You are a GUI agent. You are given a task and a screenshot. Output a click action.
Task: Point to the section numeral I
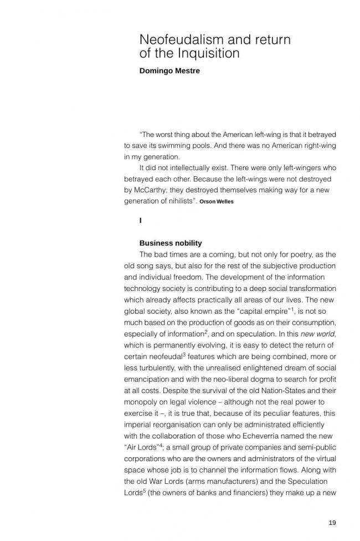click(141, 221)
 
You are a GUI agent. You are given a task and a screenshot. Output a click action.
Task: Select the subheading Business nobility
click(171, 243)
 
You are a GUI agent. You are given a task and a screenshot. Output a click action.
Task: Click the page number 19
click(332, 522)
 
